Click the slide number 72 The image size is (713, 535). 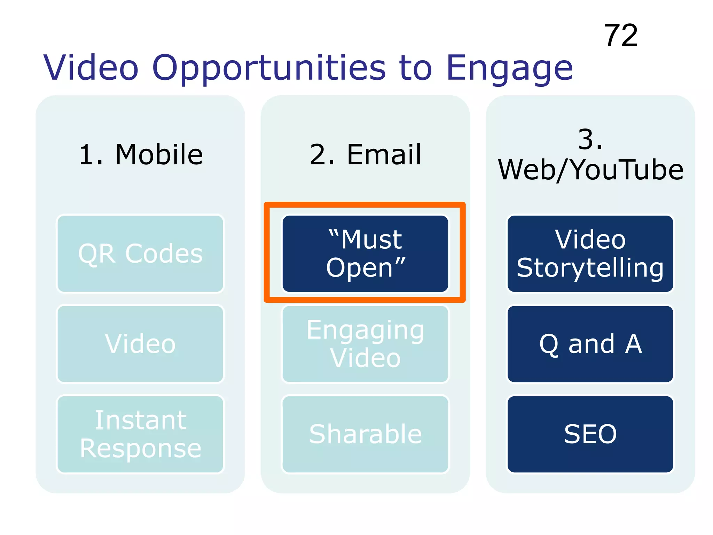620,36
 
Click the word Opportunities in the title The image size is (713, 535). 269,68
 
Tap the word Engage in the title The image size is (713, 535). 509,68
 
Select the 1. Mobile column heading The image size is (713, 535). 141,154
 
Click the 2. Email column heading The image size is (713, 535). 365,154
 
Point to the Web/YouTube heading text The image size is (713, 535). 590,170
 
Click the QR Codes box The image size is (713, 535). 140,254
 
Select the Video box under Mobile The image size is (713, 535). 140,344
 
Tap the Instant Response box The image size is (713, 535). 140,434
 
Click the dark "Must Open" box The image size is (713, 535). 365,254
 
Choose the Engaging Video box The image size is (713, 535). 365,344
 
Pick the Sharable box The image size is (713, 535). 365,434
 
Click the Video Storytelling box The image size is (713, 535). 590,254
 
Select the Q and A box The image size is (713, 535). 590,344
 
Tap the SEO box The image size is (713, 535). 590,434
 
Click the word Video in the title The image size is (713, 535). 91,68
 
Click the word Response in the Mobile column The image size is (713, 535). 140,448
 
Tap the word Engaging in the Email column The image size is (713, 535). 365,330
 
